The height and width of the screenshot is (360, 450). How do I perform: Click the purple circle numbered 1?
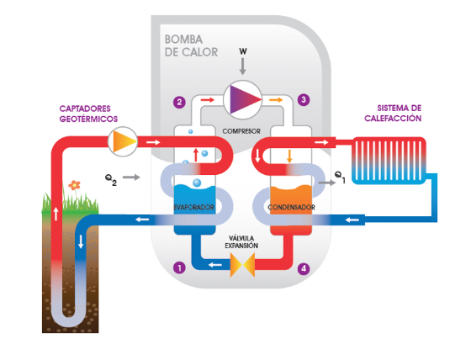(179, 267)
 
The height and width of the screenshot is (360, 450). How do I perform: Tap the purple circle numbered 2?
(179, 102)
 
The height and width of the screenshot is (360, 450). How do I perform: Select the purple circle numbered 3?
(304, 100)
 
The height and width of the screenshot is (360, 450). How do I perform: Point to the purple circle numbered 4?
(304, 268)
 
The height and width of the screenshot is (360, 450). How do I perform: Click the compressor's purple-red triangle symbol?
(243, 99)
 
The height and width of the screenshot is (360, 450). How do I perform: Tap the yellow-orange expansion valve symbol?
(242, 265)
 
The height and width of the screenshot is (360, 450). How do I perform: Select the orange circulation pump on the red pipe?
(123, 141)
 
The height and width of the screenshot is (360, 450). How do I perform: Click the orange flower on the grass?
(74, 185)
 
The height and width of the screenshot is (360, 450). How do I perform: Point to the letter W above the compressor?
(243, 51)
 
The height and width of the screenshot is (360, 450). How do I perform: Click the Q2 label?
(111, 180)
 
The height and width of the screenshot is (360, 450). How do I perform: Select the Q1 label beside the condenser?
(340, 177)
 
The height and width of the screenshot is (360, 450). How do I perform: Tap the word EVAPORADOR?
(193, 207)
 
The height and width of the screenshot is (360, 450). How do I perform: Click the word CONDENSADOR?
(291, 207)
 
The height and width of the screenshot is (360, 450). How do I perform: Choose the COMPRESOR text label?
(241, 131)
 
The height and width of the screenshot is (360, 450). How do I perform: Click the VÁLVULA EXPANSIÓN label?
(241, 241)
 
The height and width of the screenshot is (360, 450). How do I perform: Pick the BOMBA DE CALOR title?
(192, 46)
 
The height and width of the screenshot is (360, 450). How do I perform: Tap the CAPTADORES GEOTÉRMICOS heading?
(88, 114)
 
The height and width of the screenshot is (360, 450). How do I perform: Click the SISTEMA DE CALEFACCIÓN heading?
(393, 113)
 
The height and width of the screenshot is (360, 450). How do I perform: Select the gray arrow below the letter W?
(243, 66)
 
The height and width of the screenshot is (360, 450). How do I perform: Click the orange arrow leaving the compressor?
(276, 100)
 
